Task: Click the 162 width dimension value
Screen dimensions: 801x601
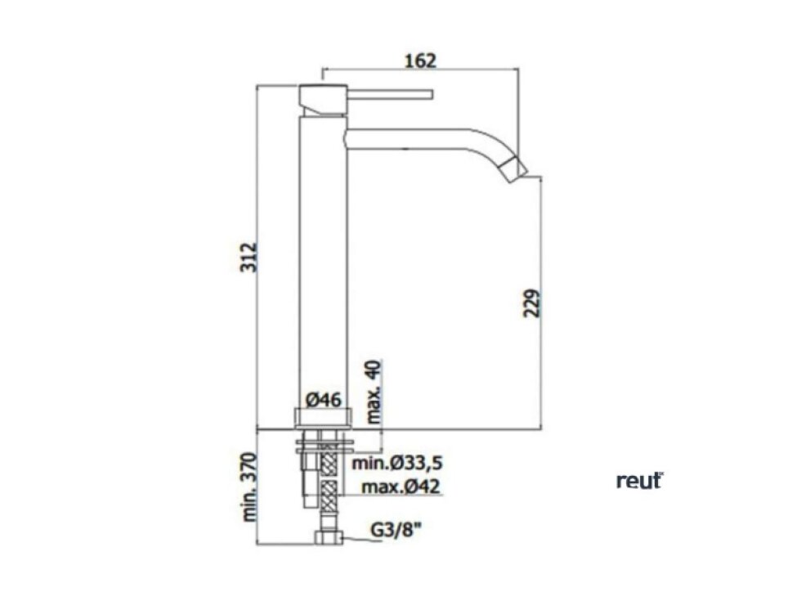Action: [420, 61]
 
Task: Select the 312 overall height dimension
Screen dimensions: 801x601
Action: [249, 257]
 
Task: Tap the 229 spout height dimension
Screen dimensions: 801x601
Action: [532, 303]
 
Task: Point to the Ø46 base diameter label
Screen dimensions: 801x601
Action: [324, 400]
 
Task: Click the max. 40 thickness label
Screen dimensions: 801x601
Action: [374, 392]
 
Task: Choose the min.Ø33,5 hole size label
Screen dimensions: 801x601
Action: [397, 464]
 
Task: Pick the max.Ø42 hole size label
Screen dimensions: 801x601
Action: [400, 487]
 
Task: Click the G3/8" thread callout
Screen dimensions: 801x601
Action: [396, 530]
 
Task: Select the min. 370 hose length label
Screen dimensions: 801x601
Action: [249, 487]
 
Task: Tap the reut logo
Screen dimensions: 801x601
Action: [639, 481]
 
